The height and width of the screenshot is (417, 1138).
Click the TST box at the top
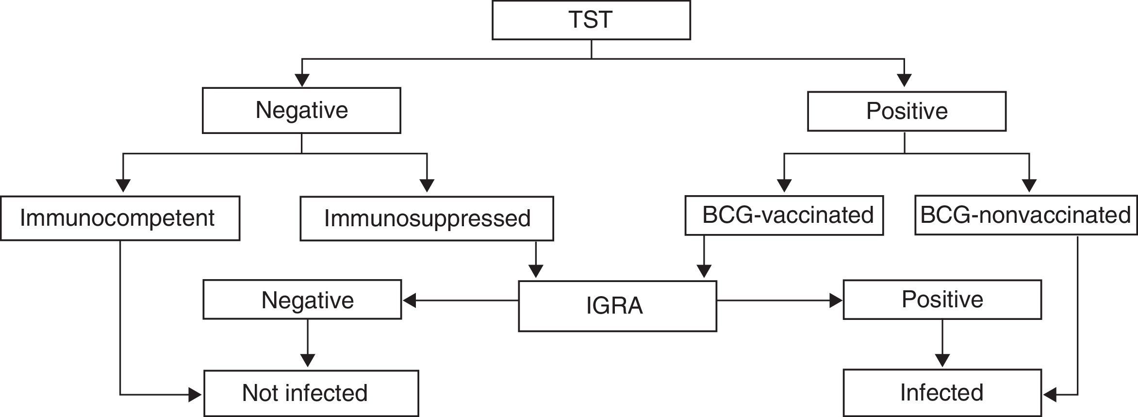click(x=591, y=20)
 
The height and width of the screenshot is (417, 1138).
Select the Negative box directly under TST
click(x=301, y=110)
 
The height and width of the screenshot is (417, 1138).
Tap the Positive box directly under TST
click(x=907, y=111)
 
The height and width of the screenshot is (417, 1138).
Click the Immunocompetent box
click(x=120, y=218)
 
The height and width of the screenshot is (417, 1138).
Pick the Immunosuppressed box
click(x=427, y=218)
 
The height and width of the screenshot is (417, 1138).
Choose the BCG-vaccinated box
click(x=784, y=216)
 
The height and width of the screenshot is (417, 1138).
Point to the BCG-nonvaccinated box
click(x=1025, y=216)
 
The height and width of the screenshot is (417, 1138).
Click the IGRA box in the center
click(x=617, y=306)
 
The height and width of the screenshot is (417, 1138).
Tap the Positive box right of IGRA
click(x=942, y=300)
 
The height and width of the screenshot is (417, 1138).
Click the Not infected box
click(x=311, y=393)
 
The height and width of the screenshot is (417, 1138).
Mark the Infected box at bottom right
click(x=942, y=393)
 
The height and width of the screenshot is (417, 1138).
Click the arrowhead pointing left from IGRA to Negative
click(x=410, y=301)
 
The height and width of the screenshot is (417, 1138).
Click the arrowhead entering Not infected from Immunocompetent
click(x=195, y=395)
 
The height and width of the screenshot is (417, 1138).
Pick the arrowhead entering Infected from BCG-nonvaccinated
click(x=1050, y=395)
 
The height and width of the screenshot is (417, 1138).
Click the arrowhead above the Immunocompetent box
click(x=123, y=186)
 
